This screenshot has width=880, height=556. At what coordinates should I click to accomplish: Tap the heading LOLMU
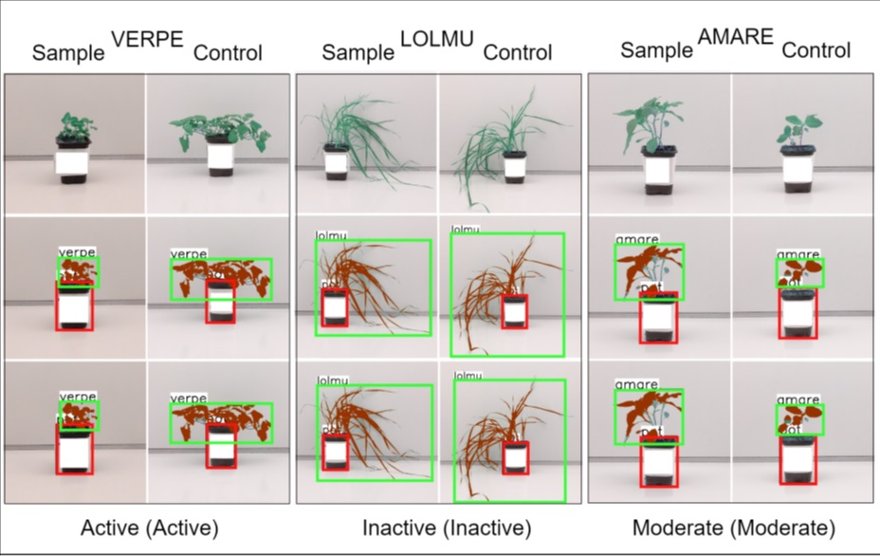point(433,39)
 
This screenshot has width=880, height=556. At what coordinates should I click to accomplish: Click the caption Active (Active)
point(150,528)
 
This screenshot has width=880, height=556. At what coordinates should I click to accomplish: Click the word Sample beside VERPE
point(68,52)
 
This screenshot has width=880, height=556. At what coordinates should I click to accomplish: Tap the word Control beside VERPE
point(228,52)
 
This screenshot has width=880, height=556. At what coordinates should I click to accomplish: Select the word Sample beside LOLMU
point(357,51)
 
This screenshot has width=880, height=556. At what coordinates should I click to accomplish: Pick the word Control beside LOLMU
point(518,51)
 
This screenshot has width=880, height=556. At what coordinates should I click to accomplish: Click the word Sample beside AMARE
point(656,49)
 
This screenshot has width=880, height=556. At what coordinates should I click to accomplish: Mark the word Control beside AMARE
point(816,49)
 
